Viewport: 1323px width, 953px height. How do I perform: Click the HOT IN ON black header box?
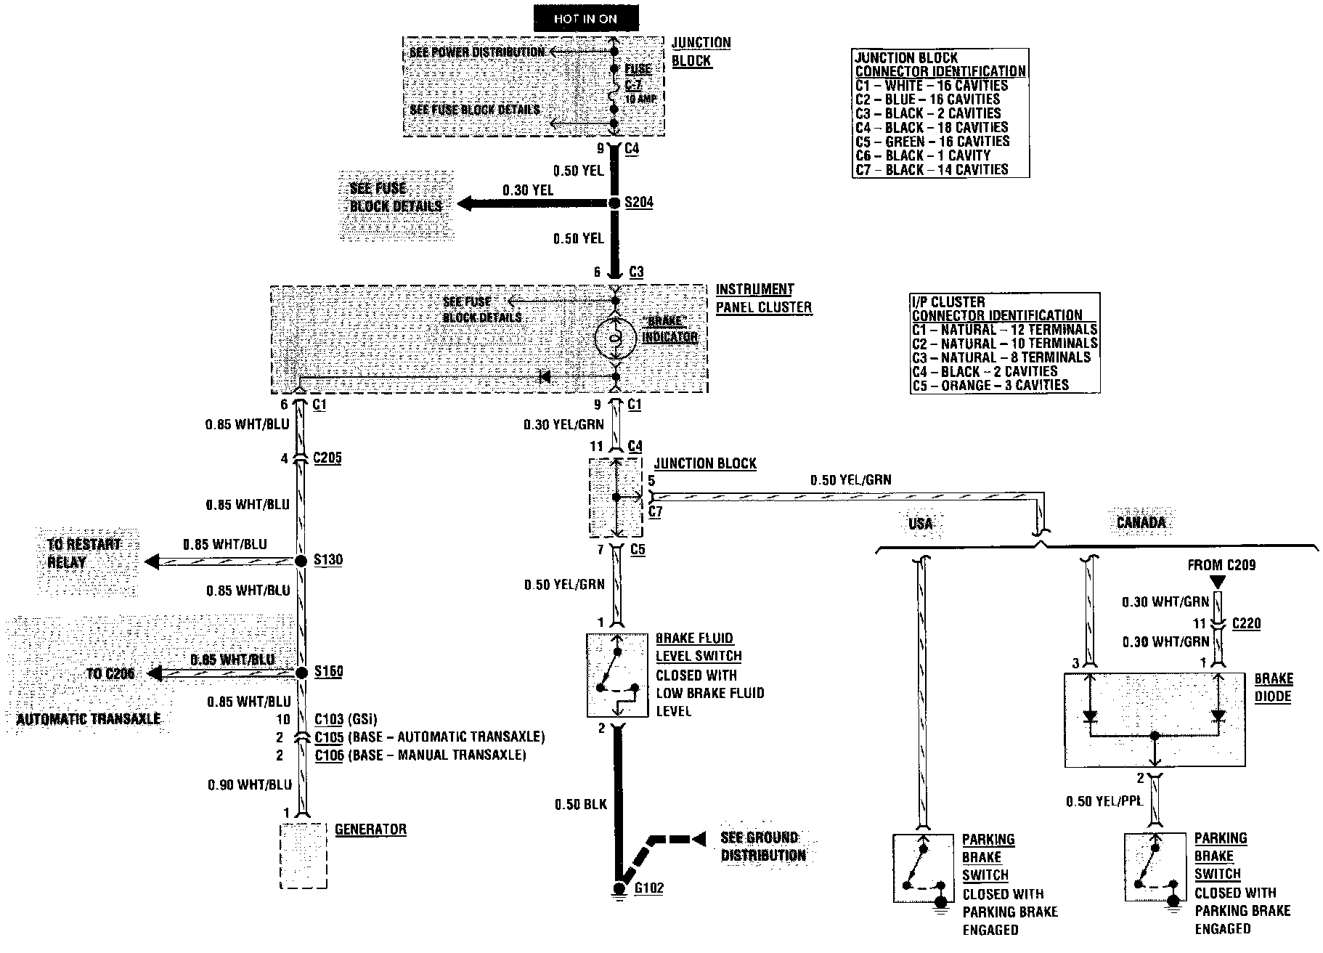coord(585,19)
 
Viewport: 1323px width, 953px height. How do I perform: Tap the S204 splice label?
coord(639,203)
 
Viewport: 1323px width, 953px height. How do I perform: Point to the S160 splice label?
coord(328,672)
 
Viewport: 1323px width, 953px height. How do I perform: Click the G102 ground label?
coord(648,888)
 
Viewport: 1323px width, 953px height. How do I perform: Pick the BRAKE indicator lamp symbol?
coord(615,338)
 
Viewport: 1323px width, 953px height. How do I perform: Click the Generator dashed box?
coord(303,856)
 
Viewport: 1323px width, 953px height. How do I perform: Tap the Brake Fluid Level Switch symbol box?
coord(616,676)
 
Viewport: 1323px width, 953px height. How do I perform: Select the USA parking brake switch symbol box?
coord(922,869)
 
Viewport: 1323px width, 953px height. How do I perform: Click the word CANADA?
coord(1141,523)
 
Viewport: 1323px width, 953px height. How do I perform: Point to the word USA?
coord(920,524)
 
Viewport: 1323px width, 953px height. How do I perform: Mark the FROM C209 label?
coord(1221,565)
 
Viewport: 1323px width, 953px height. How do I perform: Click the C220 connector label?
coord(1246,623)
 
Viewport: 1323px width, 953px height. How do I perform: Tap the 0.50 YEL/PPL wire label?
coord(1104,801)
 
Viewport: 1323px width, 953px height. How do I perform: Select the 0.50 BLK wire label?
coord(580,804)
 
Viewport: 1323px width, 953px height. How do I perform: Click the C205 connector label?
coord(327,458)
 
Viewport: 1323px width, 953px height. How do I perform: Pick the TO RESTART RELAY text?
coord(84,553)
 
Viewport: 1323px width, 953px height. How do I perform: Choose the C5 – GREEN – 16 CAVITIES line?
coord(932,142)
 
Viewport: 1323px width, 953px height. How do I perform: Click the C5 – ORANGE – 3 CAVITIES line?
coord(990,386)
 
